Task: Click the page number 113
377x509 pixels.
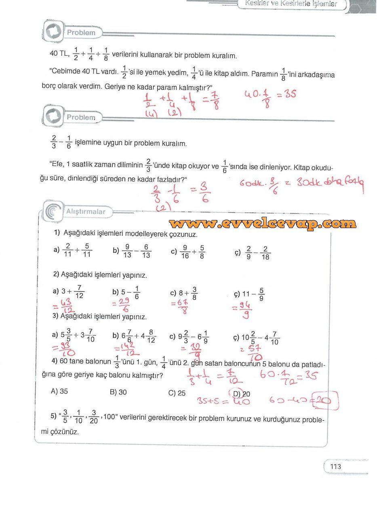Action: [x=335, y=467]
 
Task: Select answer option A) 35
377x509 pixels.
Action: [x=59, y=391]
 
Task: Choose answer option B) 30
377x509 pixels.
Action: [x=118, y=392]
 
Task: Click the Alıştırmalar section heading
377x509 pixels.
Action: [x=86, y=212]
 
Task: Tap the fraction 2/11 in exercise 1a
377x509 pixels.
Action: [x=67, y=251]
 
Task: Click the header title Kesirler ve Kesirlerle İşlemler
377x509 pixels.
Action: [x=291, y=4]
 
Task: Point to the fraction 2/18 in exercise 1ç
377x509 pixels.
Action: [x=265, y=253]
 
